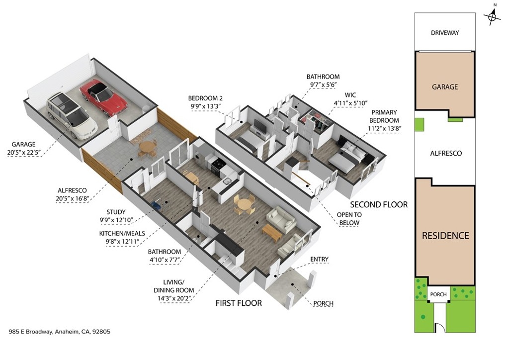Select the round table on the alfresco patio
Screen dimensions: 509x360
[x=147, y=148]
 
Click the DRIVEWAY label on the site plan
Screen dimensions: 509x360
[x=445, y=33]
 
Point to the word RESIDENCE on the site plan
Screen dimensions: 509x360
[x=445, y=235]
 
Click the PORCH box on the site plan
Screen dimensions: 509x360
[x=438, y=294]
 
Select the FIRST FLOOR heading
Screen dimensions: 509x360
[x=239, y=303]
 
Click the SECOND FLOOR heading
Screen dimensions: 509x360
[x=379, y=204]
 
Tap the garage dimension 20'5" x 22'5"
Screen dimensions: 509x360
[x=24, y=153]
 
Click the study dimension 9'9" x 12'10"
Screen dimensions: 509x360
[x=116, y=220]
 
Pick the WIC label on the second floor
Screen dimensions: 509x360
[x=350, y=95]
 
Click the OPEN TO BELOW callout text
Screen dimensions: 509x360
[x=349, y=218]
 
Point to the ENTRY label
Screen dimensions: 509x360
[x=320, y=259]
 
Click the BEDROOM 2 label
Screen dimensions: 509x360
[x=205, y=98]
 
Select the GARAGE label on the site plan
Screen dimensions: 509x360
[x=445, y=87]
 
